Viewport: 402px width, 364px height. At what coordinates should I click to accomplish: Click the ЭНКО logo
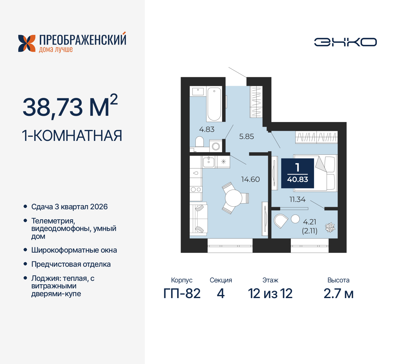tap(345, 42)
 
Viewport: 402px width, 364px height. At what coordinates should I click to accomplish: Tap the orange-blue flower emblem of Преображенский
tap(27, 43)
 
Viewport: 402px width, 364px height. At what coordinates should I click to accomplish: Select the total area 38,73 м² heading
tap(70, 107)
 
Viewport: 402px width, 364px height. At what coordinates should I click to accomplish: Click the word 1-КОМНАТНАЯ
tap(72, 136)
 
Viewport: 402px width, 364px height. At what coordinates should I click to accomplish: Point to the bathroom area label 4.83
tap(207, 129)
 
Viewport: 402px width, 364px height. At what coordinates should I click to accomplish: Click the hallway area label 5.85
tap(247, 136)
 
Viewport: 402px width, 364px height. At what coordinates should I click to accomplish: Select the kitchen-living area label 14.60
tap(250, 179)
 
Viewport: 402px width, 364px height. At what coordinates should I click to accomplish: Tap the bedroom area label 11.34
tap(297, 200)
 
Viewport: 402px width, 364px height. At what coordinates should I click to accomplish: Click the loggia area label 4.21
tap(310, 222)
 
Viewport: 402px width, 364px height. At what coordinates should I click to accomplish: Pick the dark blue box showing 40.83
tap(297, 173)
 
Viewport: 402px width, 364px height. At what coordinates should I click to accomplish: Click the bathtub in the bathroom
tap(214, 104)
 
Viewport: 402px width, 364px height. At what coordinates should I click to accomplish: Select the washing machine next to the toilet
tap(216, 146)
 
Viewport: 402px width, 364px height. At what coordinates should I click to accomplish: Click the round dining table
tap(233, 198)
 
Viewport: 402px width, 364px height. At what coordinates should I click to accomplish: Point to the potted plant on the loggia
tap(330, 227)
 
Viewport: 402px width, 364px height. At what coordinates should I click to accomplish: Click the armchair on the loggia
tap(280, 221)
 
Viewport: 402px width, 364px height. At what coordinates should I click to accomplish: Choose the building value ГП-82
tap(182, 294)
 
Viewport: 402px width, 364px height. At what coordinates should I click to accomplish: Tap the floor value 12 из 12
tap(270, 294)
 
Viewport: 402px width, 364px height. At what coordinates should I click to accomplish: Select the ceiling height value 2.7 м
tap(338, 294)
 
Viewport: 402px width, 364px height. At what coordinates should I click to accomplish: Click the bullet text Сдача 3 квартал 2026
tap(69, 207)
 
